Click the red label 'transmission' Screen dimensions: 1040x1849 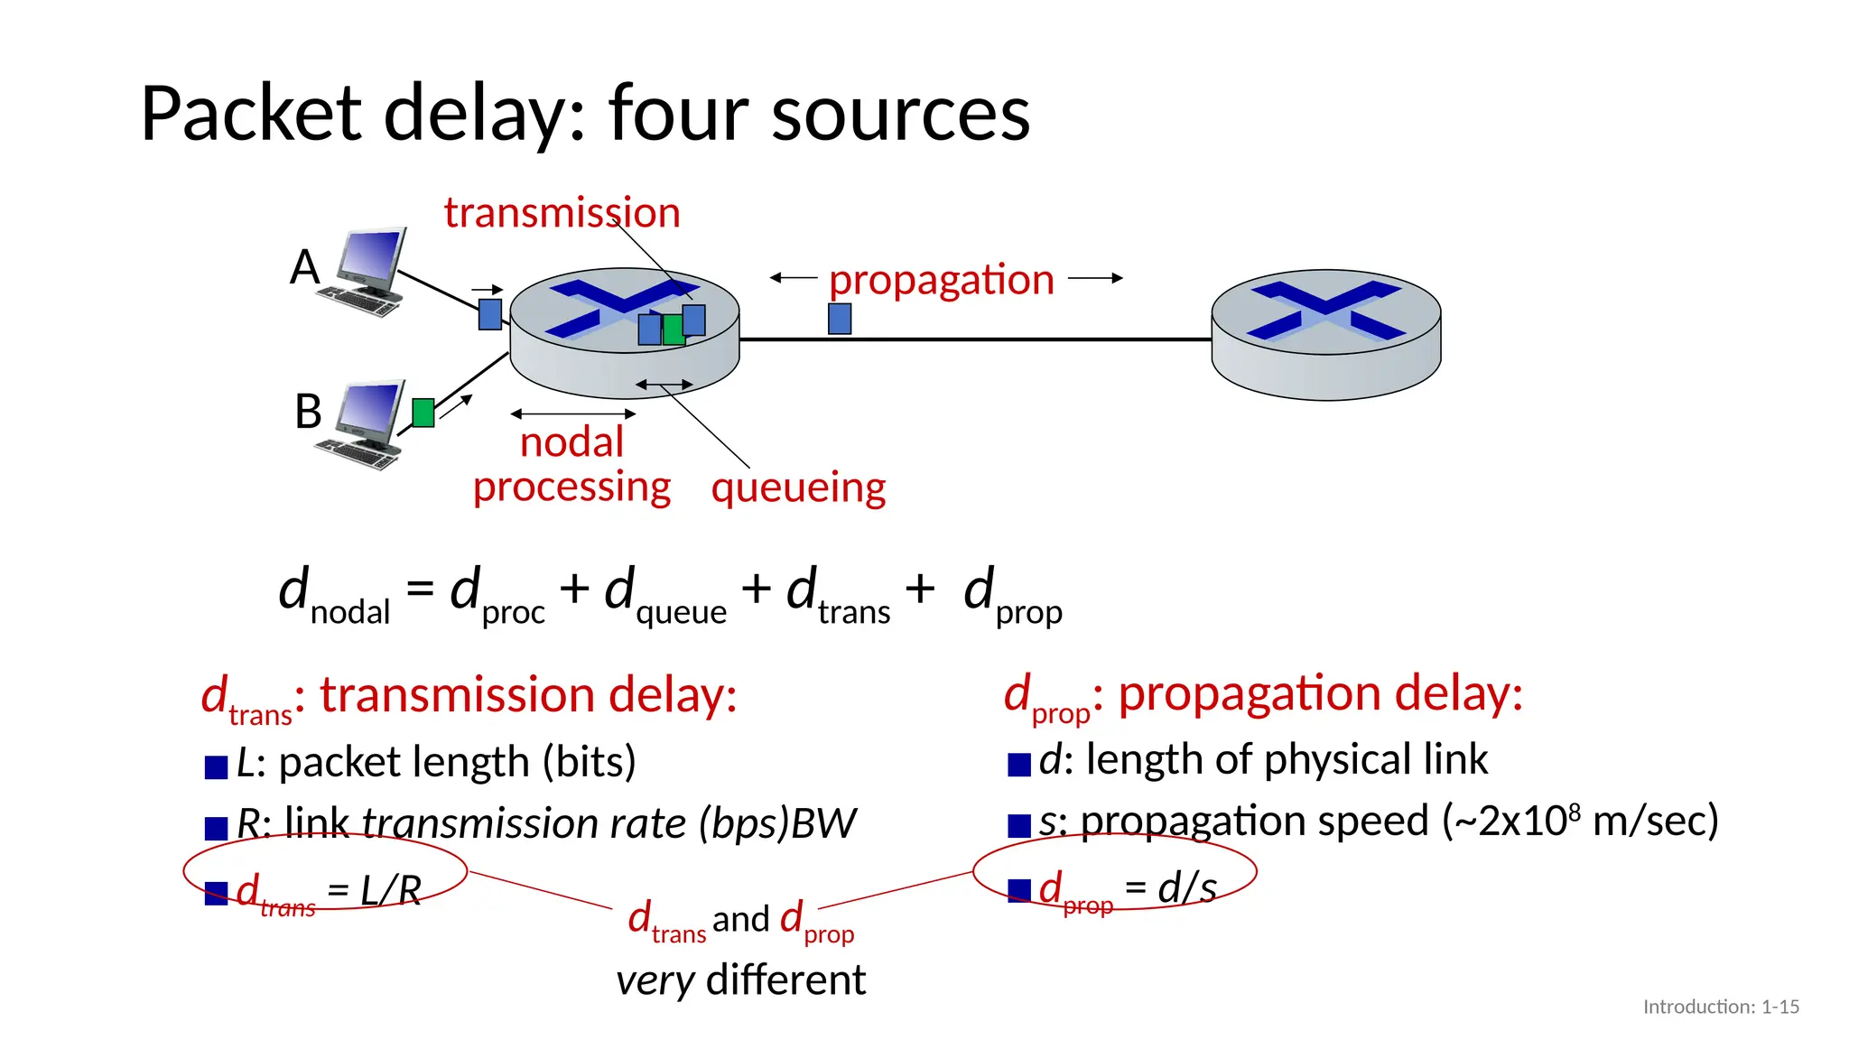[x=562, y=213]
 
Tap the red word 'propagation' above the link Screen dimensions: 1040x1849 [x=941, y=280]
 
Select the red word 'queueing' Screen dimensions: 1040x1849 [x=798, y=487]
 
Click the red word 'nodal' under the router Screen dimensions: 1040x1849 [x=571, y=442]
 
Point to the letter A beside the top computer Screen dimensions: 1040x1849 [x=305, y=267]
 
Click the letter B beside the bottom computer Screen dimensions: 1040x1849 [x=308, y=412]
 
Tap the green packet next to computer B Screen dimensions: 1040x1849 [x=423, y=413]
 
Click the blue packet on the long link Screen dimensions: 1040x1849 [x=840, y=319]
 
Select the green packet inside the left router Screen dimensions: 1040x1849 [x=673, y=330]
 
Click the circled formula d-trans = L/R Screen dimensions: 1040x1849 [x=327, y=892]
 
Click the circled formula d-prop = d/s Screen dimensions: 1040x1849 [x=1125, y=890]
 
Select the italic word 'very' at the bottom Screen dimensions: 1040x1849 [x=655, y=980]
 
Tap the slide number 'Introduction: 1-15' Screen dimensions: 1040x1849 [x=1720, y=1007]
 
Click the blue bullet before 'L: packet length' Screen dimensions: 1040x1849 [x=216, y=767]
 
